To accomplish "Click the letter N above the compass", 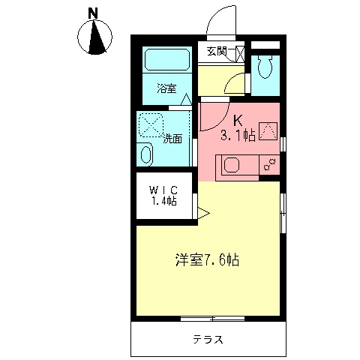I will (93, 13).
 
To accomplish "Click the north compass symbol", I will (95, 38).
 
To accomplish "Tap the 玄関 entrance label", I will (217, 52).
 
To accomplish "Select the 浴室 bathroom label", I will (167, 88).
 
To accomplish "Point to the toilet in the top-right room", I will (264, 68).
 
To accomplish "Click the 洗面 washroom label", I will (172, 139).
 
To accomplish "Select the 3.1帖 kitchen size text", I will (238, 136).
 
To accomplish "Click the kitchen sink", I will (229, 166).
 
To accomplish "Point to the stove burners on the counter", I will (269, 163).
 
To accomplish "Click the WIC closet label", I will (162, 188).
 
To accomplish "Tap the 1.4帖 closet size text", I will (162, 201).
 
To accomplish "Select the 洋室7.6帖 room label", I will (207, 260).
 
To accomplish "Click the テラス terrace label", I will (207, 339).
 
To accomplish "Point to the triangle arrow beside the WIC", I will (202, 214).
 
